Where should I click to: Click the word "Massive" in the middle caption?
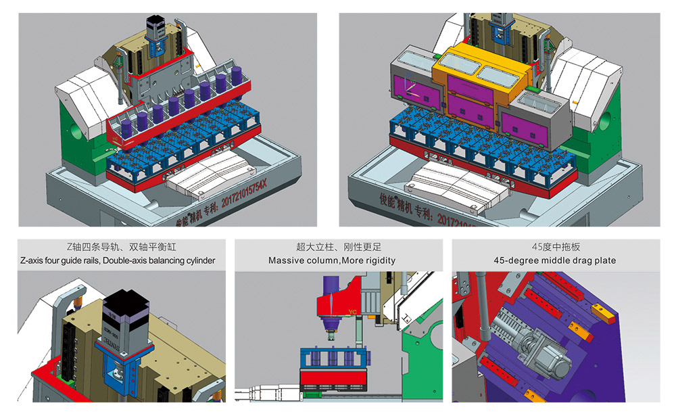(x=285, y=260)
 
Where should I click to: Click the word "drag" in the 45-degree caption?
(x=572, y=260)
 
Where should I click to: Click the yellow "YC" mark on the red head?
(x=352, y=313)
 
